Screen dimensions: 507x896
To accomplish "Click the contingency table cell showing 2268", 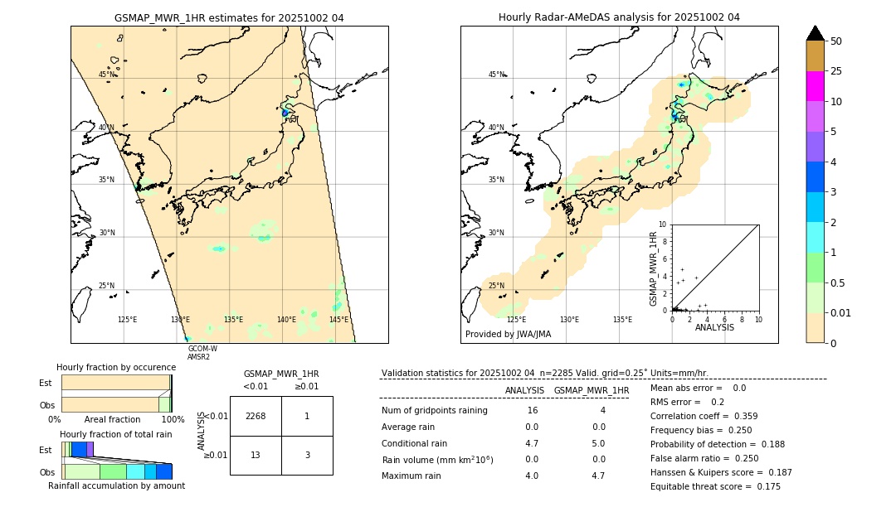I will pos(256,416).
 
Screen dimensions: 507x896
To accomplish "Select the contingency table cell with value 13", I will pos(256,456).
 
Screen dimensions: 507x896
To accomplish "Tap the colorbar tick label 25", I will pos(836,72).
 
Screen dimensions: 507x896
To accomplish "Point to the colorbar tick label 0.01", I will pos(841,312).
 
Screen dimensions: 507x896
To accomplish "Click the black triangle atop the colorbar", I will pos(816,33).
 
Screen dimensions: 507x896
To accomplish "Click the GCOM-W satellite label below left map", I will pos(202,349).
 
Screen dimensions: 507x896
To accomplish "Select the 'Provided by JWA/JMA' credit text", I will pos(508,334).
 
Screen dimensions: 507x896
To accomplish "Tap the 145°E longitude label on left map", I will pos(338,320).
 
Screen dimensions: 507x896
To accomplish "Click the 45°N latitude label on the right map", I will pos(496,75).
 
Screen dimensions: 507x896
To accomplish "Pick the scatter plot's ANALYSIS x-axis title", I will pos(714,327).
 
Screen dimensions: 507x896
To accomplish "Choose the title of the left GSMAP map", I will pos(229,17).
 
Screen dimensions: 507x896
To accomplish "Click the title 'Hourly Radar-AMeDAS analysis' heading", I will pos(619,17).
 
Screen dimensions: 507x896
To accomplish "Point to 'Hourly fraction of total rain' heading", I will pos(116,434).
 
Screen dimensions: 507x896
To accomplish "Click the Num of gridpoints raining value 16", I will pos(532,411).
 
